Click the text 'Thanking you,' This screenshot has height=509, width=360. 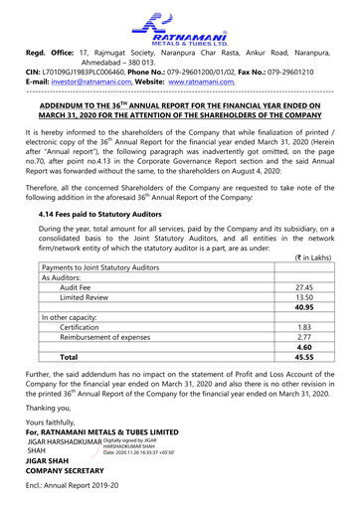(x=54, y=408)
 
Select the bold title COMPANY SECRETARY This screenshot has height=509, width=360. (x=74, y=473)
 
